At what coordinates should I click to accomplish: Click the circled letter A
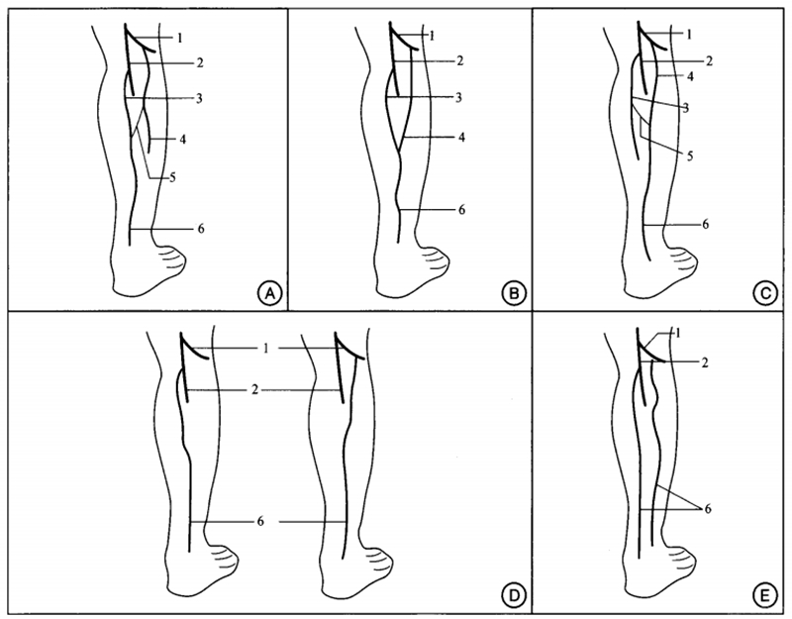pyautogui.click(x=269, y=293)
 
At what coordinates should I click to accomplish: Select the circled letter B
pyautogui.click(x=514, y=293)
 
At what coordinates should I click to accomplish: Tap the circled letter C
pyautogui.click(x=764, y=293)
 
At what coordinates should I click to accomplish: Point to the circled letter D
pyautogui.click(x=513, y=595)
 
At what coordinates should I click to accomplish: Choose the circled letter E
pyautogui.click(x=764, y=595)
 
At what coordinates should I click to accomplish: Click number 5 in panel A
pyautogui.click(x=172, y=177)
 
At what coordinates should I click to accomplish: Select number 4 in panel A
pyautogui.click(x=182, y=139)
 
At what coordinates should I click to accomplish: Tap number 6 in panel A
pyautogui.click(x=201, y=229)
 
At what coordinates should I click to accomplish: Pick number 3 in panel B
pyautogui.click(x=458, y=97)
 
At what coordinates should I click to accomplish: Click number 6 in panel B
pyautogui.click(x=461, y=210)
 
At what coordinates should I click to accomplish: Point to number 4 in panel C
pyautogui.click(x=690, y=76)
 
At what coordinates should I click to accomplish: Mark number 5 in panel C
pyautogui.click(x=690, y=155)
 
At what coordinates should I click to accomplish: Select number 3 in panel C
pyautogui.click(x=685, y=108)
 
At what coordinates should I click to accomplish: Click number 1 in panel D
pyautogui.click(x=265, y=349)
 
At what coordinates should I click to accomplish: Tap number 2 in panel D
pyautogui.click(x=255, y=389)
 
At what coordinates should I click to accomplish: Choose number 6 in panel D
pyautogui.click(x=260, y=521)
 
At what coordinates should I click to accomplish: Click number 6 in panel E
pyautogui.click(x=707, y=508)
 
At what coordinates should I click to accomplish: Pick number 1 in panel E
pyautogui.click(x=677, y=333)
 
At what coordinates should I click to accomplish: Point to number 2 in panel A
pyautogui.click(x=200, y=63)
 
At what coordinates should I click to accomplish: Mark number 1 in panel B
pyautogui.click(x=432, y=36)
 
